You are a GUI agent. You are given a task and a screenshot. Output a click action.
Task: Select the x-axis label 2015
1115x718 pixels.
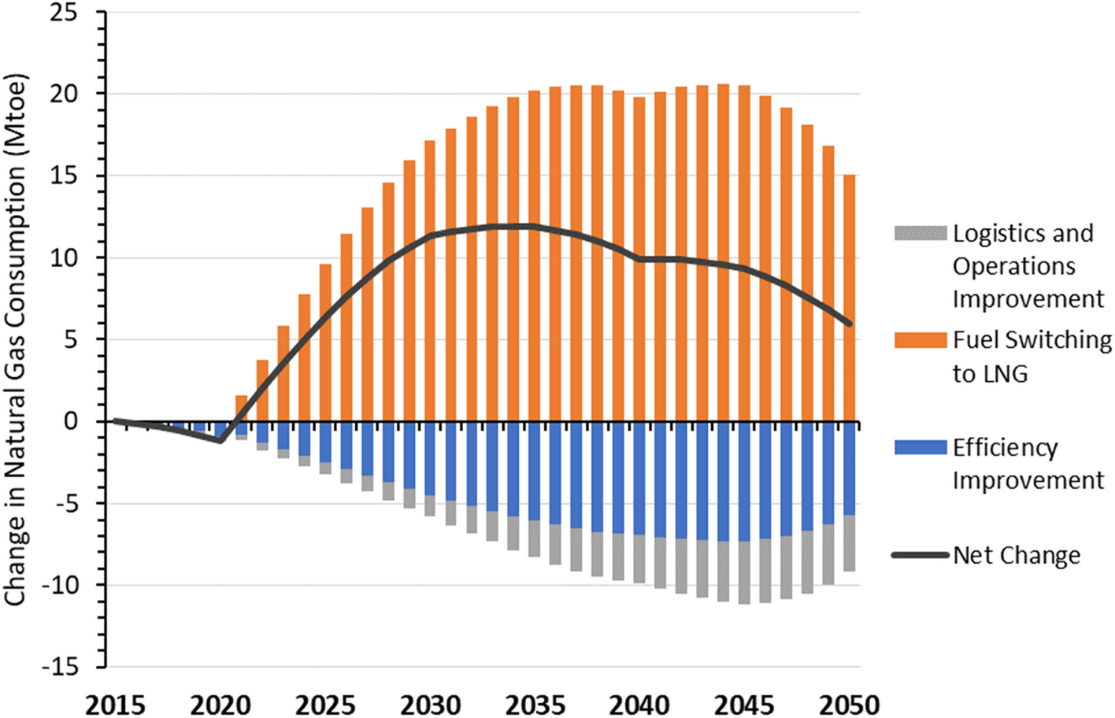click(115, 703)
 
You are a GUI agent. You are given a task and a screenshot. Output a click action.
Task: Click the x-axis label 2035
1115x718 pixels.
click(535, 703)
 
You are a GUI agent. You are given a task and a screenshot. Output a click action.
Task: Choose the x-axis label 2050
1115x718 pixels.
click(849, 703)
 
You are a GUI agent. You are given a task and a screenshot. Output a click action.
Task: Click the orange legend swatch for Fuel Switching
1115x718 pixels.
click(920, 340)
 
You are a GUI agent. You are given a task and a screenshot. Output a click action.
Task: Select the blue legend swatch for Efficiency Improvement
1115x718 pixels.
click(920, 447)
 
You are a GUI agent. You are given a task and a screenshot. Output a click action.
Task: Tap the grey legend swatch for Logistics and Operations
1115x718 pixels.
click(920, 233)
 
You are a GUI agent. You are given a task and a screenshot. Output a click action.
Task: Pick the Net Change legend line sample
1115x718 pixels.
click(920, 555)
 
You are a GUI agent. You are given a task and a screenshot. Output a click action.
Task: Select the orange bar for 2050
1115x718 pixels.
click(849, 299)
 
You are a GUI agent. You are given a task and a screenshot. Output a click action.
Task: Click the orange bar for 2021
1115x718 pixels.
click(241, 409)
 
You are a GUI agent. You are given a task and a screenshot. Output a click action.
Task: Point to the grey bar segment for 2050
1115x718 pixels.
click(849, 543)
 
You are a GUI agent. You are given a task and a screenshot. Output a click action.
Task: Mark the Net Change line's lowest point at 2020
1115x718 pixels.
click(220, 440)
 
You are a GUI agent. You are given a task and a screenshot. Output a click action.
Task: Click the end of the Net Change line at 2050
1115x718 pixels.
click(850, 324)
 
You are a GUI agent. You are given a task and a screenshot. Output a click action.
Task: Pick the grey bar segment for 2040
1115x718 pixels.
click(639, 559)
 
